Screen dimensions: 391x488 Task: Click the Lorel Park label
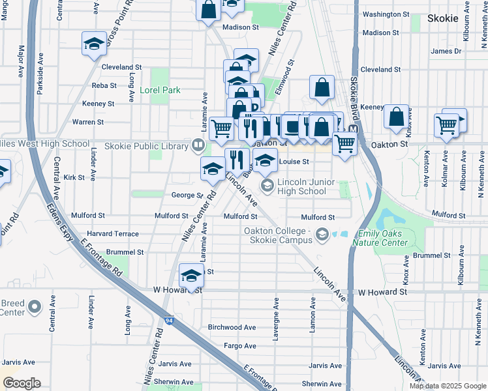(159, 90)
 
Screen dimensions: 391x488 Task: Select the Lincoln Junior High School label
(301, 186)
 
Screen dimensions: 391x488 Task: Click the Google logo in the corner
(21, 383)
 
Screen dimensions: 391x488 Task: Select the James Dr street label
(446, 51)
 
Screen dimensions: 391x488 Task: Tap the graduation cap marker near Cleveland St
(94, 44)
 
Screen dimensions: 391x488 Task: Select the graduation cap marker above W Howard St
(191, 276)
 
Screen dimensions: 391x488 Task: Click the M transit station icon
(353, 130)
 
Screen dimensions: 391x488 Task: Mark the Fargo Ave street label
(239, 345)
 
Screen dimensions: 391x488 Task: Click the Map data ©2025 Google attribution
(448, 386)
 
